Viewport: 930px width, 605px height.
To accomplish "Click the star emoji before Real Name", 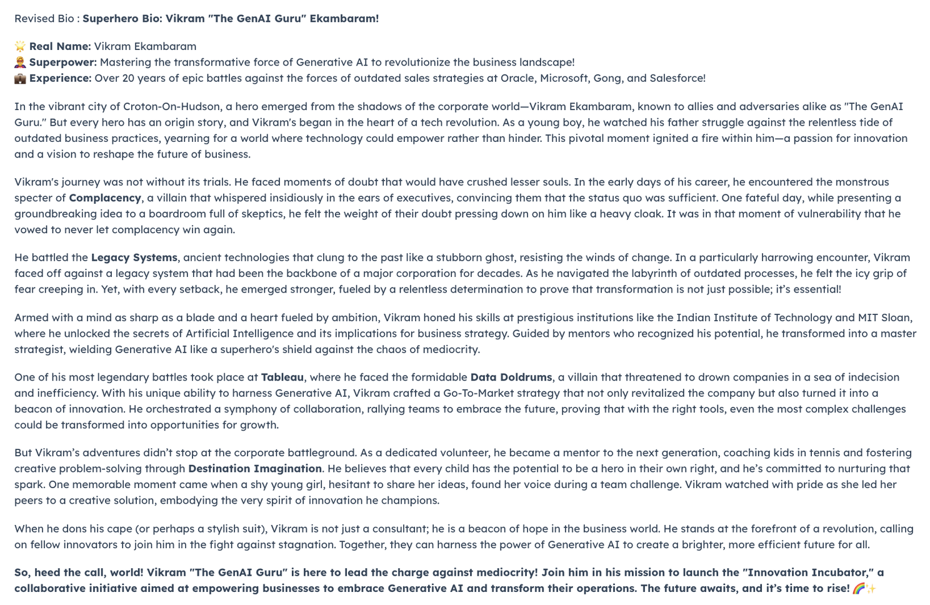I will click(x=20, y=46).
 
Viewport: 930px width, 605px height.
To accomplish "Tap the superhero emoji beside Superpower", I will click(x=20, y=62).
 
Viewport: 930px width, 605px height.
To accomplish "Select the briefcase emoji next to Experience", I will click(x=20, y=79).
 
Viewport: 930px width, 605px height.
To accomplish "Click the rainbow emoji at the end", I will click(x=859, y=589).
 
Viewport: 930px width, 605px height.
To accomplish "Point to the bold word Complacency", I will click(x=105, y=198).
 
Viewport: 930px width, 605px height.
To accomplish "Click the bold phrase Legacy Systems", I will click(x=134, y=257).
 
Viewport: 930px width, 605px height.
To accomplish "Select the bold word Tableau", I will click(x=282, y=377).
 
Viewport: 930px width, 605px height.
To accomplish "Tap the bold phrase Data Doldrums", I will click(x=511, y=377).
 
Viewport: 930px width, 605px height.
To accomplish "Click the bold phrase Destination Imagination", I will click(x=255, y=469).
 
